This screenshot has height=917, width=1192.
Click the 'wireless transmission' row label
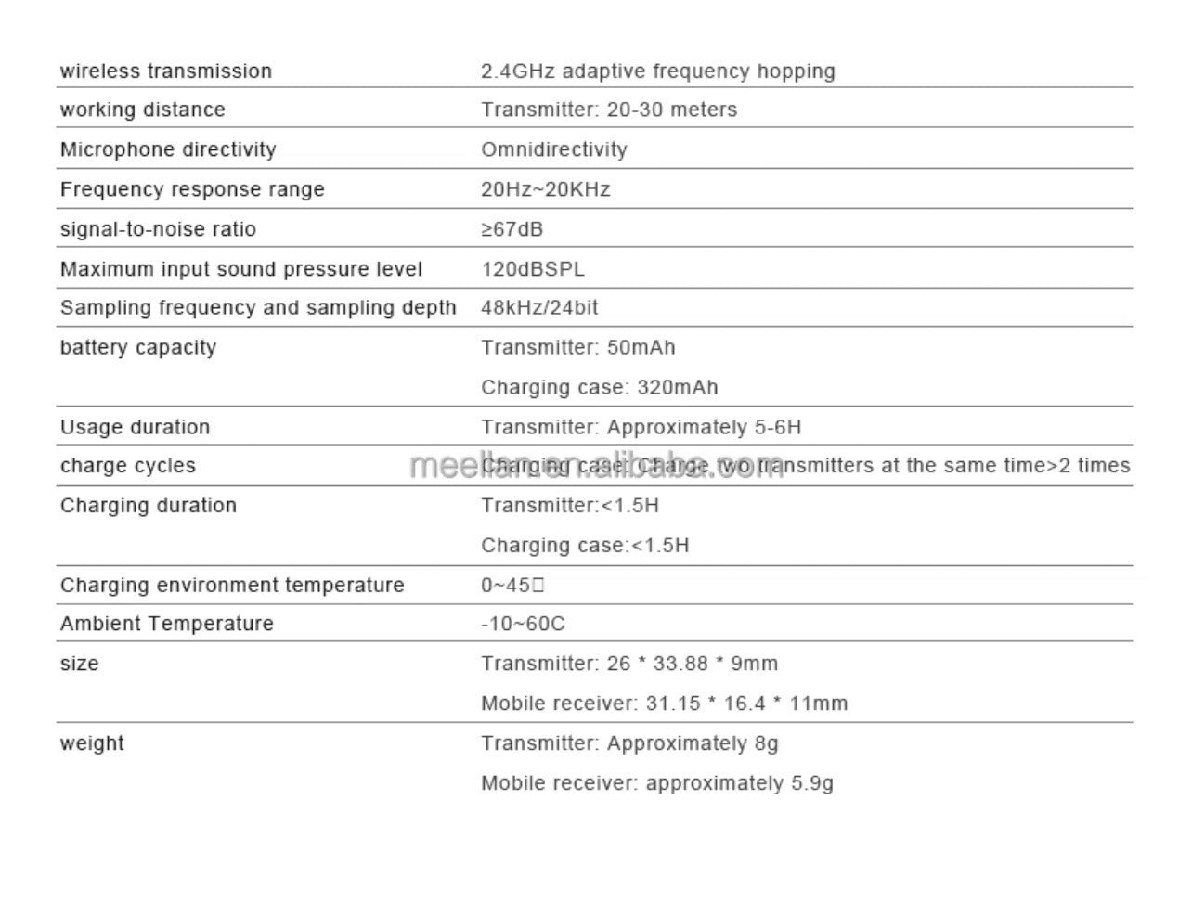(165, 71)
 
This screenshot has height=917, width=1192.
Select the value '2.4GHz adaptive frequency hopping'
(657, 71)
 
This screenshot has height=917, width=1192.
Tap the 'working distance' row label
(142, 110)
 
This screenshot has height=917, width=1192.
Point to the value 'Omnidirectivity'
(553, 149)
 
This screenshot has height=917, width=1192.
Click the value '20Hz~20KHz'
(545, 189)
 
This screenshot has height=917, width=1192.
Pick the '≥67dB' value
(512, 229)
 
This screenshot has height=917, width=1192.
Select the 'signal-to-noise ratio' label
(158, 229)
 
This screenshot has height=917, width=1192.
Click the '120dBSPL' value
(533, 269)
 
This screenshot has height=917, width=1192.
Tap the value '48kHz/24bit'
(539, 307)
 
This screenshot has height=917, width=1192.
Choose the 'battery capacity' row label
(137, 347)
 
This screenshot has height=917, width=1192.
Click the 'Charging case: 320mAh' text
(599, 387)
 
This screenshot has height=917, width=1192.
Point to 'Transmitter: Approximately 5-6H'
(641, 427)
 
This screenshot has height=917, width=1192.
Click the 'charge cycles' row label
(127, 466)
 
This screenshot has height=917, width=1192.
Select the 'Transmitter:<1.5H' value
(569, 506)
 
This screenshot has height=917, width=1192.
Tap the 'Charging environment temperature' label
(232, 585)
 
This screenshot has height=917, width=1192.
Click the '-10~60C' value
(522, 624)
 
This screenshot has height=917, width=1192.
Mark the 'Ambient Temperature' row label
(166, 624)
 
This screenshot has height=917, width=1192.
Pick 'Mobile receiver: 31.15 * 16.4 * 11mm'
(664, 704)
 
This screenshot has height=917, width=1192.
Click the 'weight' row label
(91, 743)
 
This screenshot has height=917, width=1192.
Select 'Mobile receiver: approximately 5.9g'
(656, 783)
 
